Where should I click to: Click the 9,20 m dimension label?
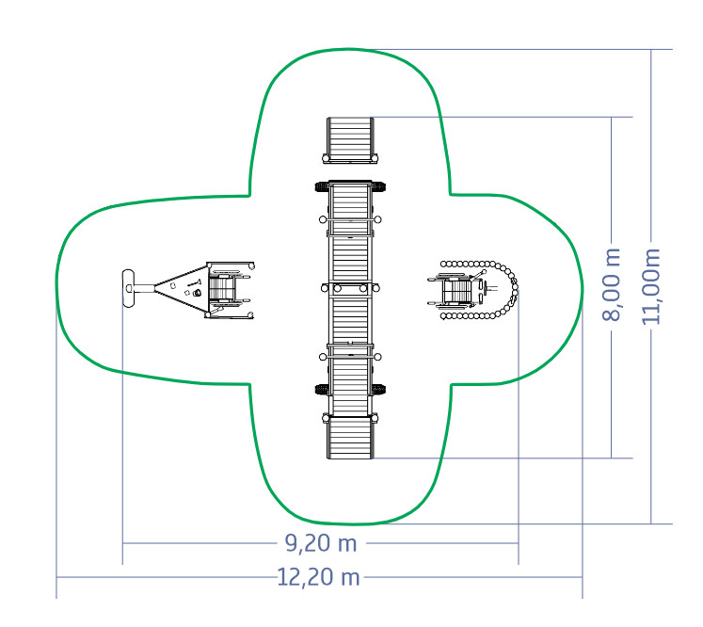click(x=321, y=543)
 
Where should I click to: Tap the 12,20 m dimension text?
click(x=318, y=577)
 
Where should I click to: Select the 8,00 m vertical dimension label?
click(x=611, y=285)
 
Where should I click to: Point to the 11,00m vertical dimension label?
click(x=650, y=286)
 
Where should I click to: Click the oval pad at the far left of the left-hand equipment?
click(x=128, y=288)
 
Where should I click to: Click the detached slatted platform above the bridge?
click(x=350, y=140)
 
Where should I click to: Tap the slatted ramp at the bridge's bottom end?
click(x=350, y=437)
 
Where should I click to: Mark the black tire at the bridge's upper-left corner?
click(x=322, y=186)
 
